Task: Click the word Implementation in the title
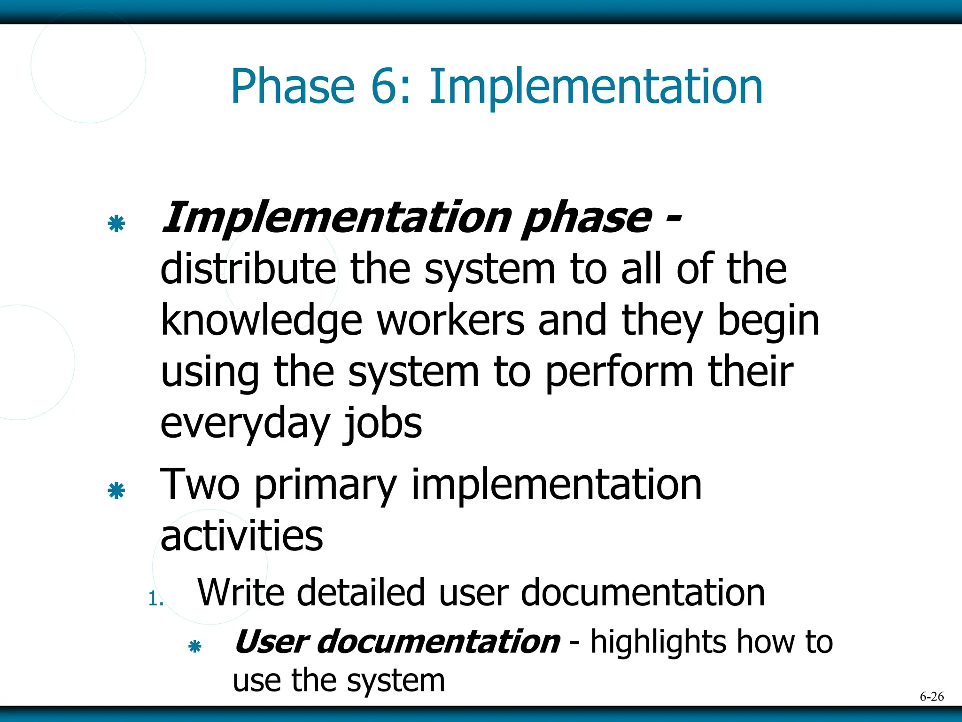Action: point(596,87)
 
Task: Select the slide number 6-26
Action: point(931,697)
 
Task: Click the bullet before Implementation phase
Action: point(116,224)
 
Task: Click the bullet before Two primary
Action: point(116,491)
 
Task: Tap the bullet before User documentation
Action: point(194,647)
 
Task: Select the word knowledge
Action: point(261,322)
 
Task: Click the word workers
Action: point(451,321)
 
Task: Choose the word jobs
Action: point(382,424)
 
